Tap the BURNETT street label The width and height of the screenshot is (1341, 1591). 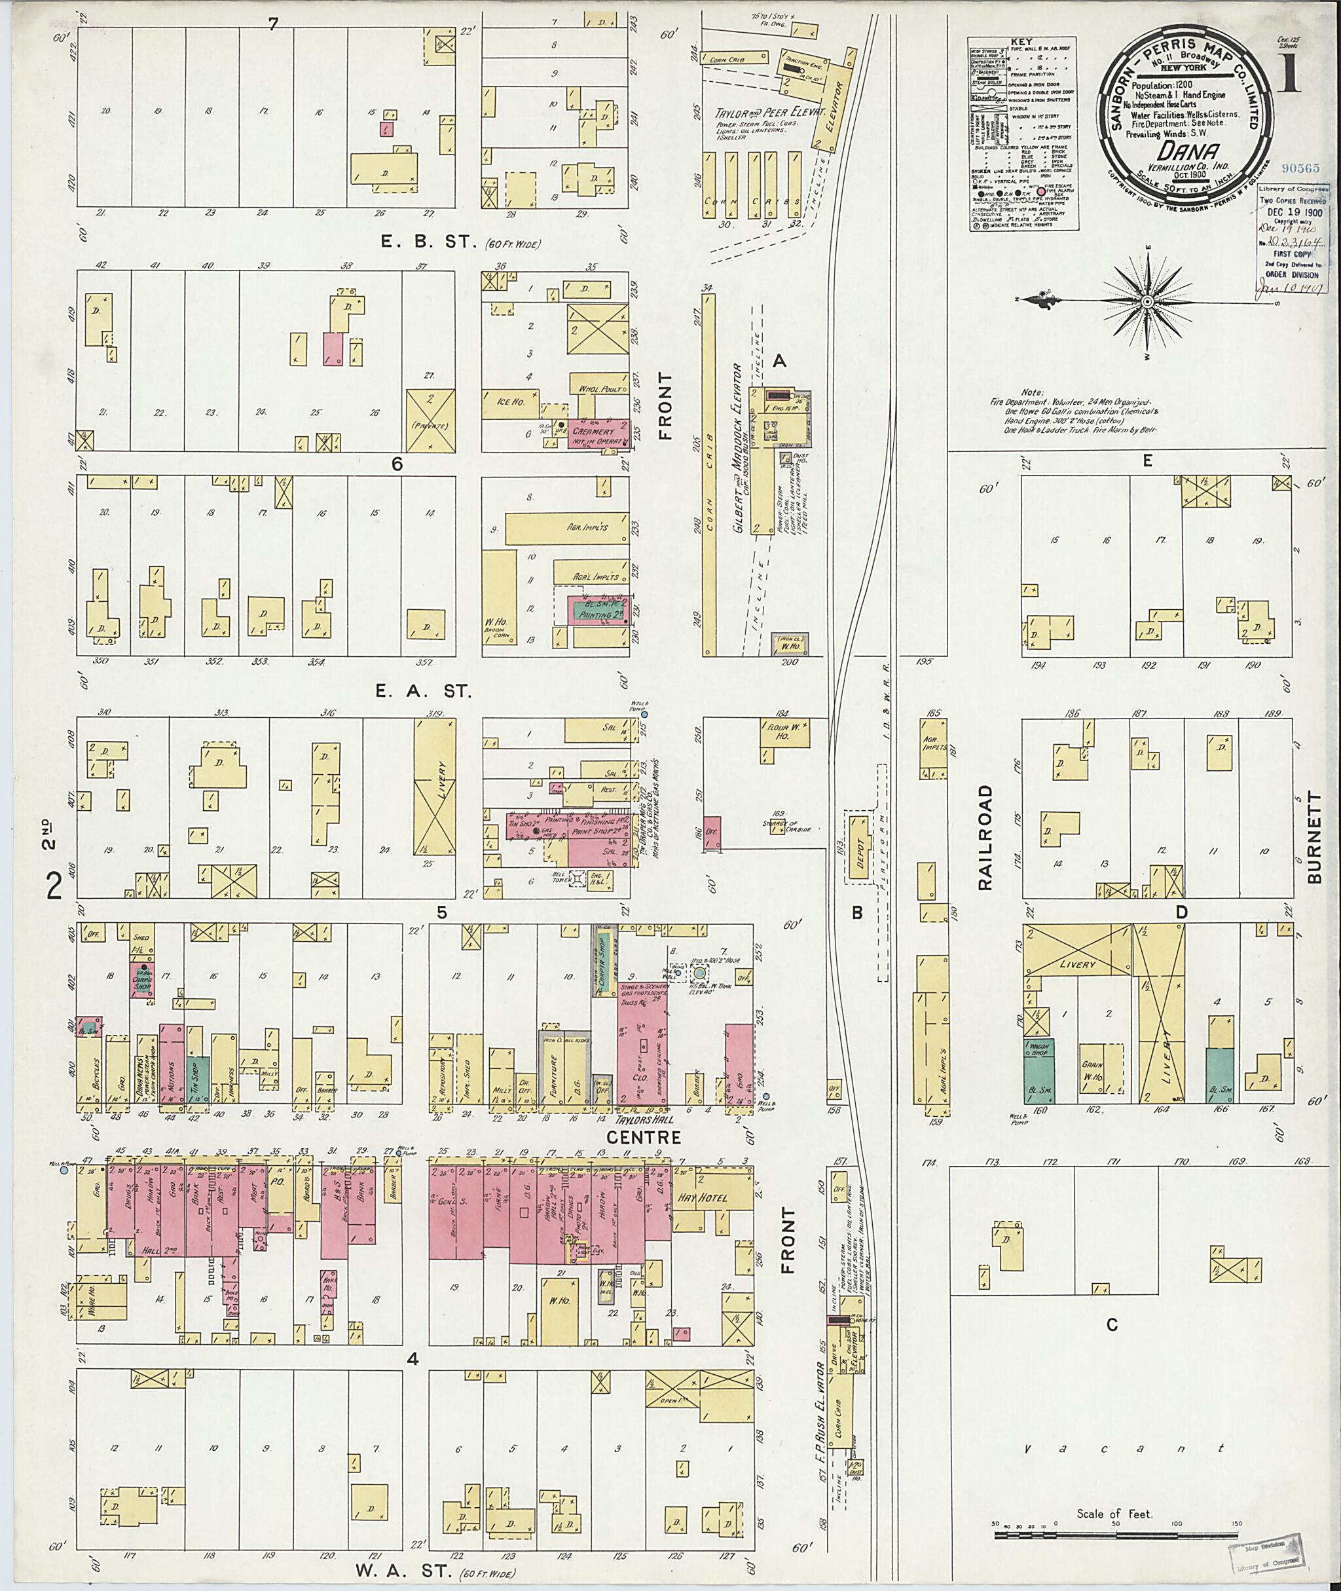1316,836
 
